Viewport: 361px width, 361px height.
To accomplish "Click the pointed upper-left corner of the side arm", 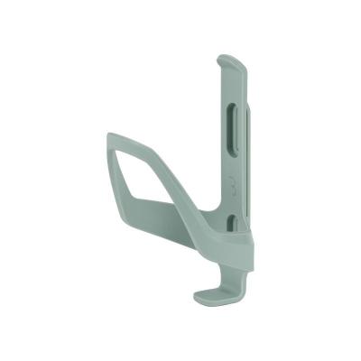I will (109, 136).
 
